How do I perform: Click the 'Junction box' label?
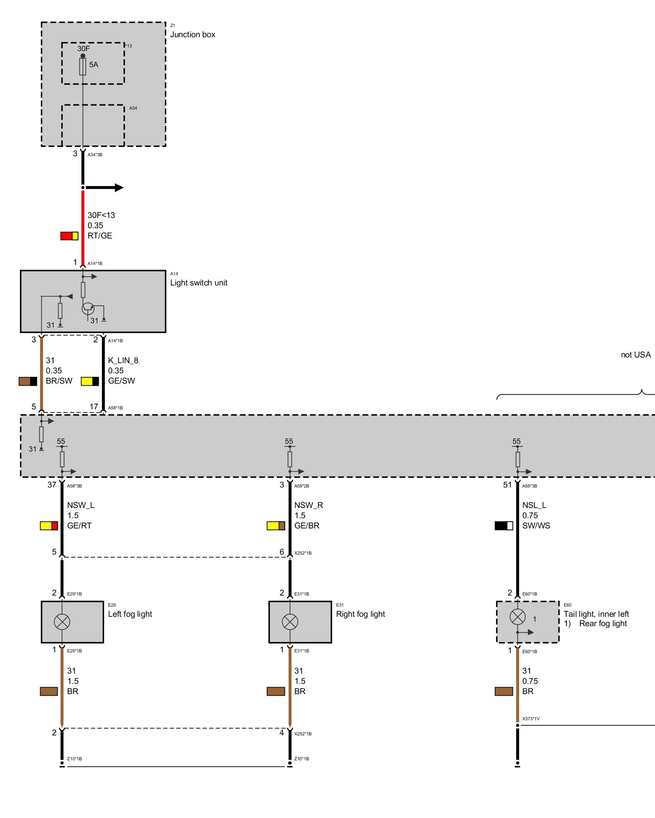[192, 35]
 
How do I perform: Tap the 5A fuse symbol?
[83, 66]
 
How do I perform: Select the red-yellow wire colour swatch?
[69, 236]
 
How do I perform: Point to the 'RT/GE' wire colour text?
[99, 236]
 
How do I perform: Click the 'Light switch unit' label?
[199, 283]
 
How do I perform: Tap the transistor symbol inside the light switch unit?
[88, 308]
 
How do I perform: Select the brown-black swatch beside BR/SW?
[28, 381]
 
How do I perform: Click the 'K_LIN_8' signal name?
[123, 360]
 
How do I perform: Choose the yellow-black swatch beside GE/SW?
[90, 381]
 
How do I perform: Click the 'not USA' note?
[635, 355]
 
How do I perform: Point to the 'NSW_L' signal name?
[81, 505]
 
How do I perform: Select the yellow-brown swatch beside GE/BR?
[276, 526]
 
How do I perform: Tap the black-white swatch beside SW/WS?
[504, 526]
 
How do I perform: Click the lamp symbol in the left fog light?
[62, 622]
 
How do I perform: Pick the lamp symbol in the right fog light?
[290, 622]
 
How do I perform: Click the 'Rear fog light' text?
[603, 623]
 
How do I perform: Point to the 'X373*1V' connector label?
[531, 719]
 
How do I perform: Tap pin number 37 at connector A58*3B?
[52, 485]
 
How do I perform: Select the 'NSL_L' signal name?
[534, 505]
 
